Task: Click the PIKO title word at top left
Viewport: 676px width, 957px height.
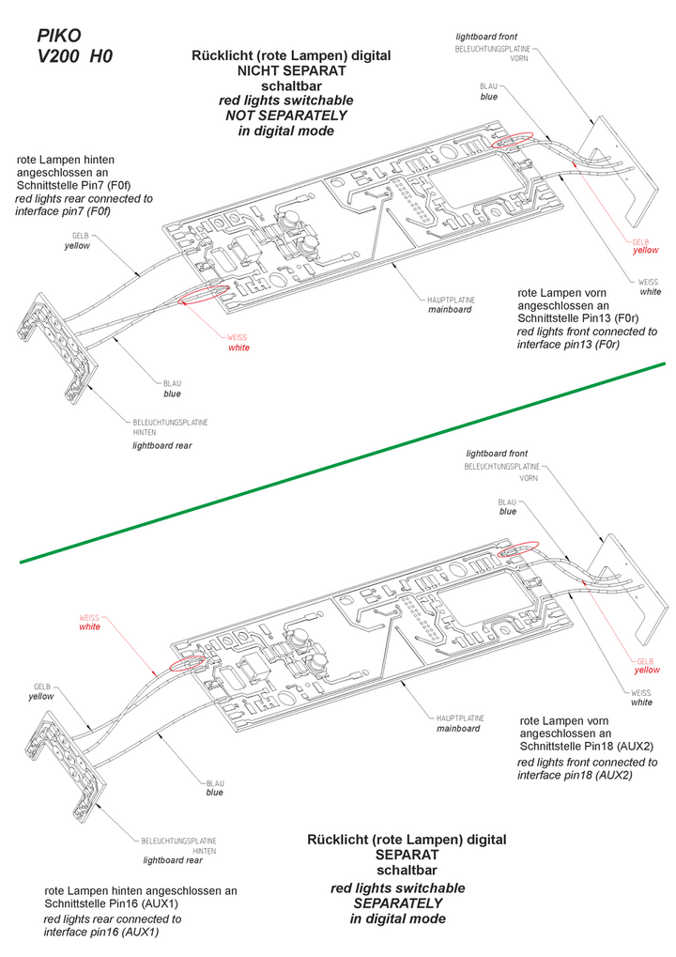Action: click(x=58, y=36)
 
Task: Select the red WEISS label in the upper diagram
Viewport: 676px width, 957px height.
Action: click(x=238, y=338)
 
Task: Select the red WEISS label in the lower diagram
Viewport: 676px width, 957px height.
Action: click(x=89, y=617)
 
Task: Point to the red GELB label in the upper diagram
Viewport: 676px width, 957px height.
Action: click(x=641, y=241)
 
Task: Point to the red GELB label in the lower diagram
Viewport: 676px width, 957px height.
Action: click(x=645, y=660)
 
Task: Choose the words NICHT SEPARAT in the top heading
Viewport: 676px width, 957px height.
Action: click(x=291, y=70)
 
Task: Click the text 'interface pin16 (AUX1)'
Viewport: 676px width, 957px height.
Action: click(x=101, y=932)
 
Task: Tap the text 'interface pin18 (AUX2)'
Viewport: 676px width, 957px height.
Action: click(x=575, y=776)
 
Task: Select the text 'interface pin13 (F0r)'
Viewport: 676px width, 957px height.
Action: click(x=574, y=345)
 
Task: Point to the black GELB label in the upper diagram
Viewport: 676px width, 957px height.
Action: click(x=79, y=236)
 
